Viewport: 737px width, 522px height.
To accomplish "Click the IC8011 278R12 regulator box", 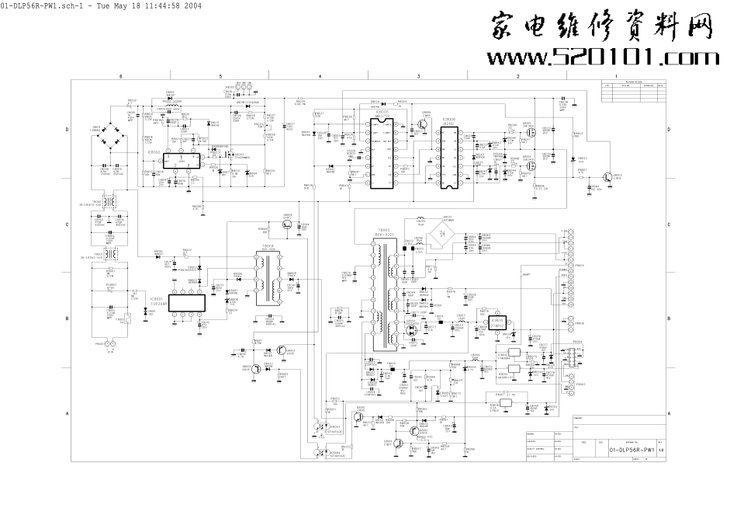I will pyautogui.click(x=497, y=324).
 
